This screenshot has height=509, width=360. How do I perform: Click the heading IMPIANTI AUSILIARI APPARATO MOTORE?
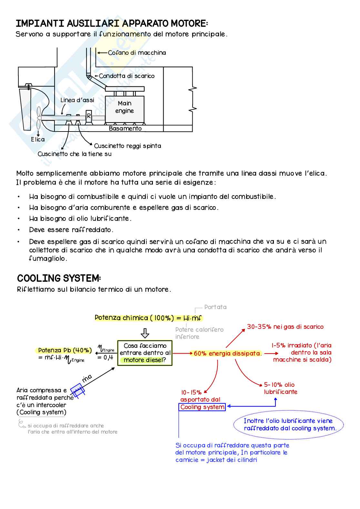tap(112, 24)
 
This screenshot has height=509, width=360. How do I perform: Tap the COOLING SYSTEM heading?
tap(59, 279)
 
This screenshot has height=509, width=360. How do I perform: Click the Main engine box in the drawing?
tap(125, 107)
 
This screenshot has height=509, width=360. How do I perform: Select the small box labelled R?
tap(89, 115)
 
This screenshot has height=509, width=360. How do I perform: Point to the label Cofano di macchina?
tap(137, 53)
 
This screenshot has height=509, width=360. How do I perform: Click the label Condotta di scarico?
tap(126, 76)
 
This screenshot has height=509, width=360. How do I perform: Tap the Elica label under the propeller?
tap(38, 140)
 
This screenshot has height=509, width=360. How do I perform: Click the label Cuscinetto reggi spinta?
tap(127, 146)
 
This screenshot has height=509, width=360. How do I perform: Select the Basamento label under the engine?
tap(125, 129)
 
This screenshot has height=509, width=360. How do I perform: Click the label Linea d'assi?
tap(77, 100)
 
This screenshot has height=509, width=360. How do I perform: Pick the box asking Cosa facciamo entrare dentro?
tap(145, 353)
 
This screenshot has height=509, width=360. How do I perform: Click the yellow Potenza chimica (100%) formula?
tap(148, 318)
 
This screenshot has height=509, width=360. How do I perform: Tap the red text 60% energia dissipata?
tap(227, 354)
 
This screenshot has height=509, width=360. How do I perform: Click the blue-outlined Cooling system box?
tap(202, 407)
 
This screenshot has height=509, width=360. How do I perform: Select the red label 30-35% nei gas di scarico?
tap(285, 327)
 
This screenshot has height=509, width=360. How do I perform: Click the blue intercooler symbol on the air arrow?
tap(77, 390)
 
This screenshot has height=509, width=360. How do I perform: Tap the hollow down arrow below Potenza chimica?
tap(145, 333)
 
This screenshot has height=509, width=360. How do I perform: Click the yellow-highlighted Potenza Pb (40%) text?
tap(65, 350)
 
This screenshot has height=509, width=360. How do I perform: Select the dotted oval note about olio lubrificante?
tap(288, 425)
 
